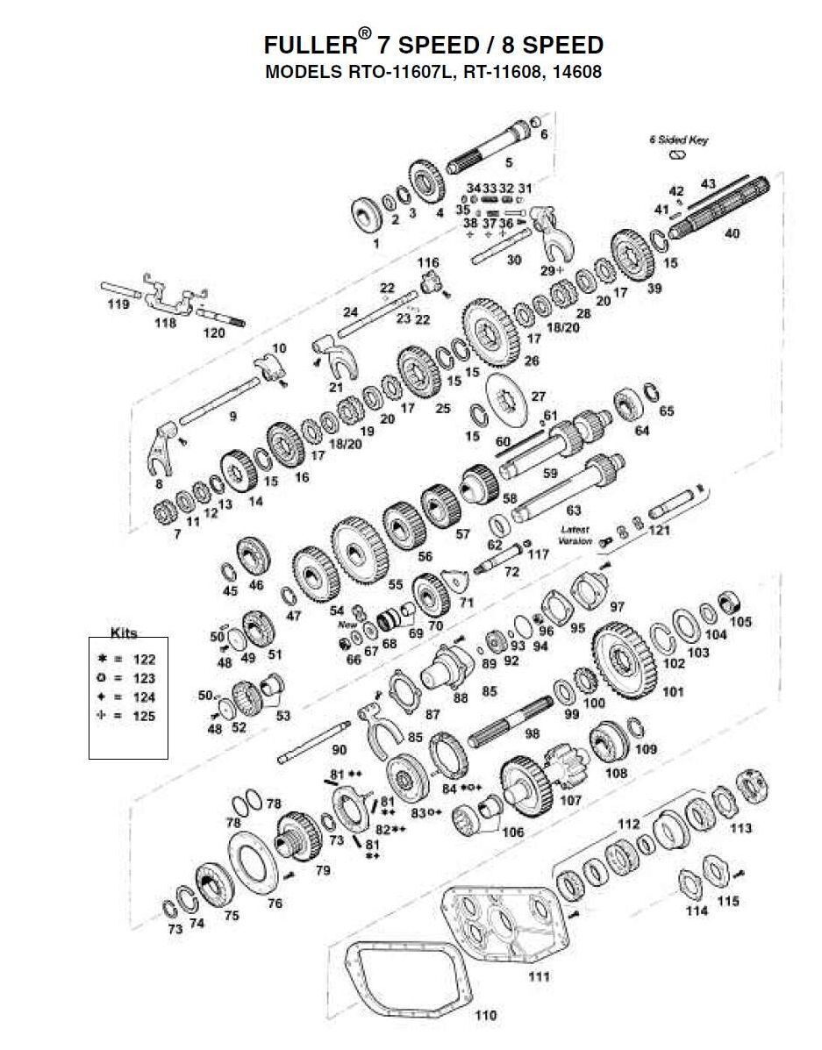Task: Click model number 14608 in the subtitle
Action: pos(576,73)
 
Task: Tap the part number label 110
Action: pos(485,1015)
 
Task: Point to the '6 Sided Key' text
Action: pos(678,139)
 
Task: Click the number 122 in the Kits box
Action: pos(144,659)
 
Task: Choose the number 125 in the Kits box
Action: pos(144,716)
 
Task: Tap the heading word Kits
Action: pos(124,632)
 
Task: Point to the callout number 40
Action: pos(732,234)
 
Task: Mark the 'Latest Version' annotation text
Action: pos(575,535)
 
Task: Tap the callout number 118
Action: pos(165,323)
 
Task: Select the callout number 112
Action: pos(629,824)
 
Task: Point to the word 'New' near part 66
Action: pos(347,625)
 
